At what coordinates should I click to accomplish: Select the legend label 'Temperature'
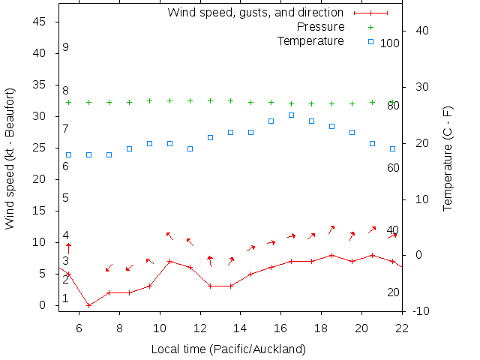click(310, 40)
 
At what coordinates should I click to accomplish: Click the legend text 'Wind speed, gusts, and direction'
click(255, 13)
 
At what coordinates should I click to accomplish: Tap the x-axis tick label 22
click(402, 328)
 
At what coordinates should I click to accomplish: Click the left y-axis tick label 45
click(40, 22)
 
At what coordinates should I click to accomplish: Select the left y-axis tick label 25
click(40, 148)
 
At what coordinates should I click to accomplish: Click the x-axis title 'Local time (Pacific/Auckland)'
click(229, 349)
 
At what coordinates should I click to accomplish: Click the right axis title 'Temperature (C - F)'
click(448, 158)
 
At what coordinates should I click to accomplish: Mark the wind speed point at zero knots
click(89, 305)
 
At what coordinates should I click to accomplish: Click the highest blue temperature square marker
click(291, 115)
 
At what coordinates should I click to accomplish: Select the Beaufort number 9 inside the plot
click(66, 47)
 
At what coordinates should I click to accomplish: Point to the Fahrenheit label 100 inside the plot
click(390, 43)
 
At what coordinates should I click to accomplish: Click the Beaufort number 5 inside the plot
click(66, 198)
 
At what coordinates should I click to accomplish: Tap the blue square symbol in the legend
click(370, 40)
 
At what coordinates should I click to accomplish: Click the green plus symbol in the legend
click(370, 27)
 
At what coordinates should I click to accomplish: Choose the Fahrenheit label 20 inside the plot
click(393, 292)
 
